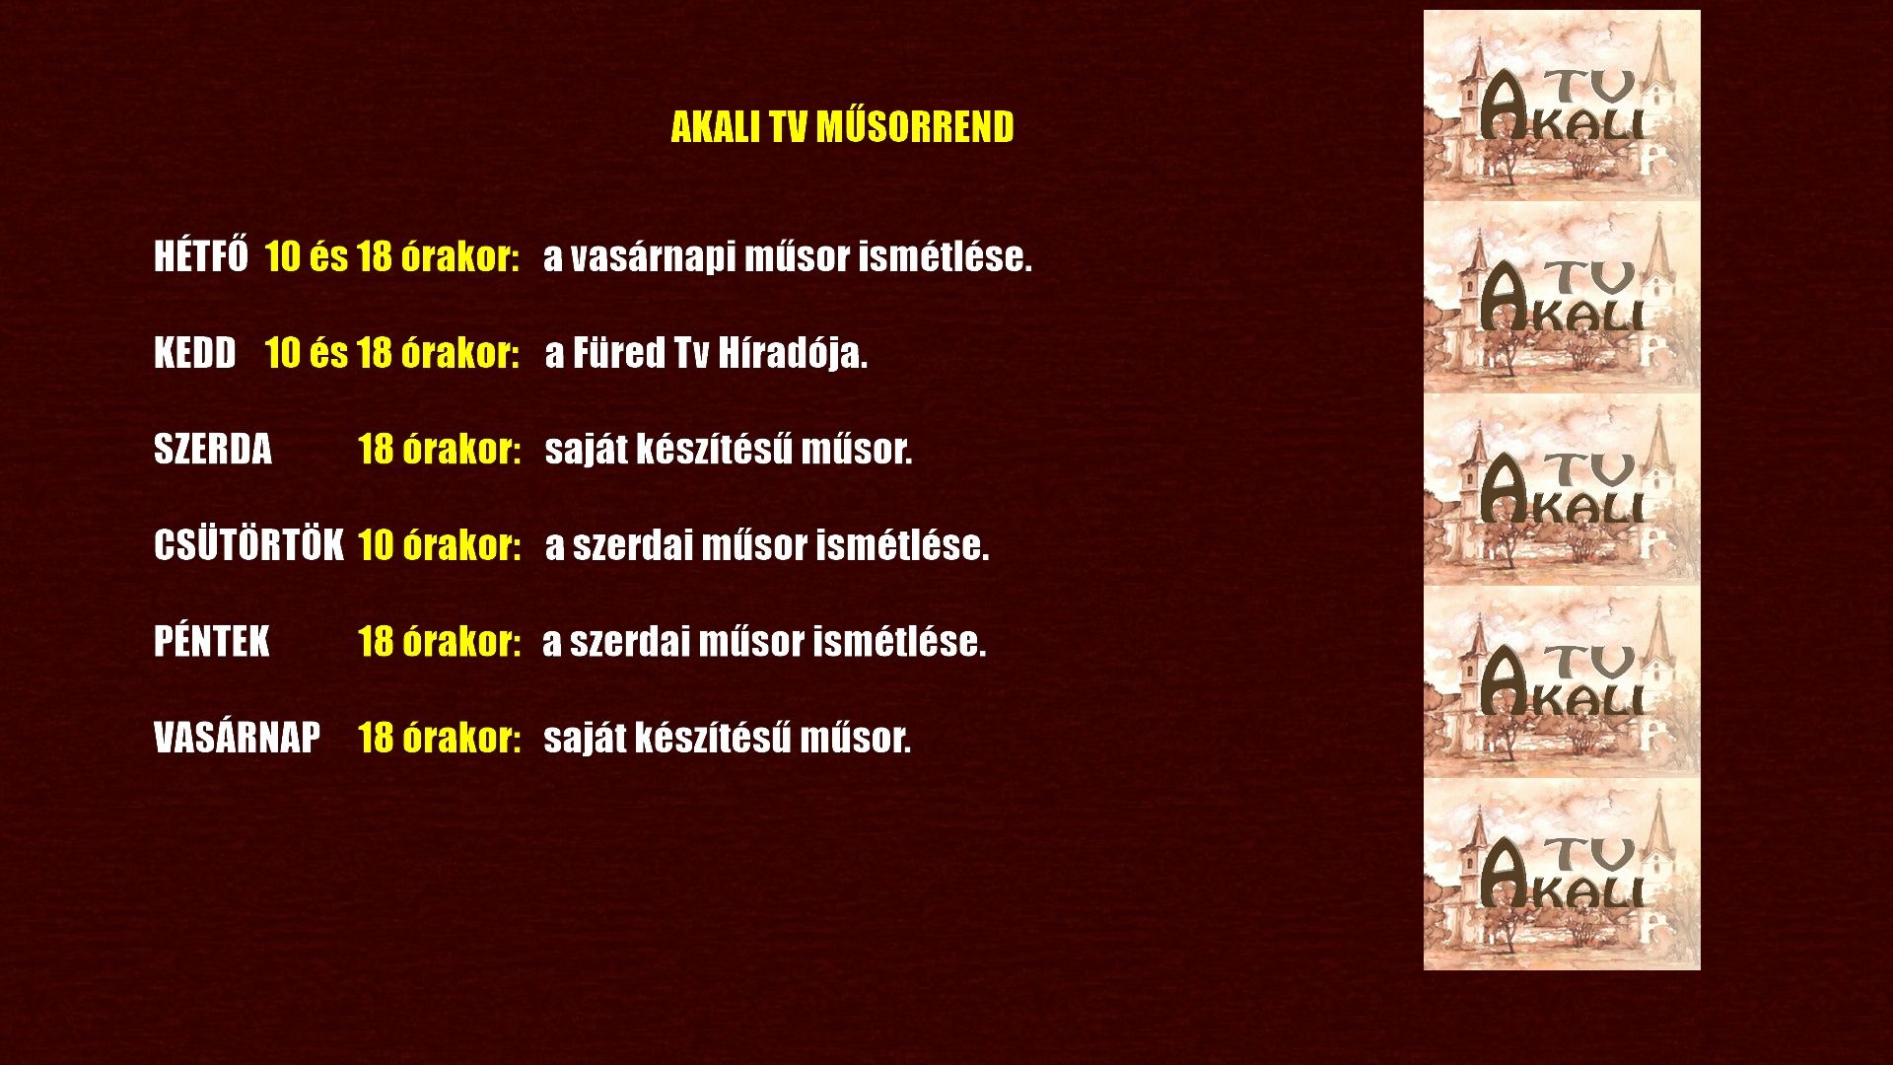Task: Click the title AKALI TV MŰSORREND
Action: pos(842,127)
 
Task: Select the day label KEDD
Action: pos(195,353)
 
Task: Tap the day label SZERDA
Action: pos(213,449)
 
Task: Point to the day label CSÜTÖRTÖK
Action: pos(248,543)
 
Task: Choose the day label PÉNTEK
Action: pos(211,641)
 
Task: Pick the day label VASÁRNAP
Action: pos(237,737)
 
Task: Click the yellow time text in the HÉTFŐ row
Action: pos(392,256)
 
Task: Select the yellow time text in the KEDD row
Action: pos(392,353)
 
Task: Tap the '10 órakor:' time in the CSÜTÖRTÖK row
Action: pos(439,544)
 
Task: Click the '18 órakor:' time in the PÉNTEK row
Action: pos(439,641)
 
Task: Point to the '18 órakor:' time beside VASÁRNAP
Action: pos(439,737)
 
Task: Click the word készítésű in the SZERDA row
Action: pos(714,449)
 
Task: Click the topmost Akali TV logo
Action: pos(1562,106)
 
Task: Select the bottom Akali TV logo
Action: pos(1562,874)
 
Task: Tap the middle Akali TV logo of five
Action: pos(1562,490)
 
